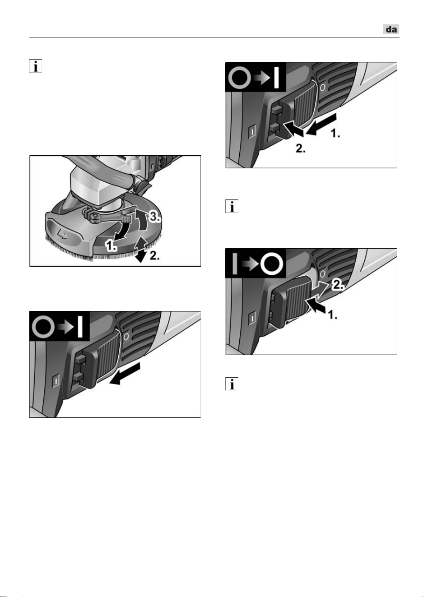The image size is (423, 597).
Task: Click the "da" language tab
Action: [x=391, y=29]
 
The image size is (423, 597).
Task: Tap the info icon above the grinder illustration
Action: [x=36, y=66]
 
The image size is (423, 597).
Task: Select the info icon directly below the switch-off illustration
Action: [x=232, y=384]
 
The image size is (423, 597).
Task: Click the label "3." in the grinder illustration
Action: [x=154, y=217]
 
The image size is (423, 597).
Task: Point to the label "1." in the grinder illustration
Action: [x=111, y=246]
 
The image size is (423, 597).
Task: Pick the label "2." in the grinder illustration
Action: [x=155, y=256]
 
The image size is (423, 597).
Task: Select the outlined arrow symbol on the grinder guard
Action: [x=63, y=235]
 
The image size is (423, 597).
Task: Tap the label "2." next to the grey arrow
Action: [x=337, y=286]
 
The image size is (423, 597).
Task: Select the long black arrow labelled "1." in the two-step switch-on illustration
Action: [x=321, y=124]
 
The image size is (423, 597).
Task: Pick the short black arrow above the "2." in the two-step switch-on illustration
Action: [x=293, y=129]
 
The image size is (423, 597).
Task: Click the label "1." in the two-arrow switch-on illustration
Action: [x=335, y=133]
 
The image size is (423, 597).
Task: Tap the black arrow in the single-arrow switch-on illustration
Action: [x=125, y=373]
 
